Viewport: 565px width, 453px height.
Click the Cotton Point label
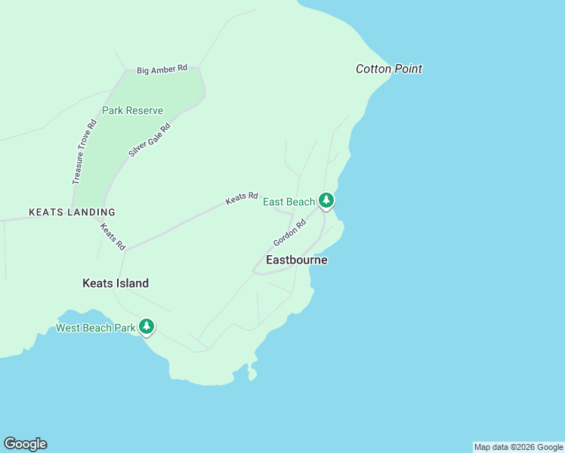point(388,69)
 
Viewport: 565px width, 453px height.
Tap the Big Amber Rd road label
point(162,69)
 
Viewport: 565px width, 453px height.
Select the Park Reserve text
point(133,110)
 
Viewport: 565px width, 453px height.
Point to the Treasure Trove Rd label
point(85,152)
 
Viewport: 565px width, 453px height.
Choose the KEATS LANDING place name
point(72,213)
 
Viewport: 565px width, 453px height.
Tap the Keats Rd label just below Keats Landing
point(113,236)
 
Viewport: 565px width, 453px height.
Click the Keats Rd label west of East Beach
point(242,199)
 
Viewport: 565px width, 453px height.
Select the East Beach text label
point(289,202)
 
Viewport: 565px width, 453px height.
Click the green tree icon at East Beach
point(326,200)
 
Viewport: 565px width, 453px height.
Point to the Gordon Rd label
point(289,233)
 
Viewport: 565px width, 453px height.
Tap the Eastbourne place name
point(297,260)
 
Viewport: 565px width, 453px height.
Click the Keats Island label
point(116,283)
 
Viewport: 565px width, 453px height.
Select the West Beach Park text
point(95,328)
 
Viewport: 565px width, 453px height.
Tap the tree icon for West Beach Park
point(147,326)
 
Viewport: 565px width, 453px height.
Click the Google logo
point(25,444)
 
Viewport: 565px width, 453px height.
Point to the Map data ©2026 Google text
point(518,447)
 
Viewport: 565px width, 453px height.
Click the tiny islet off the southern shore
point(252,373)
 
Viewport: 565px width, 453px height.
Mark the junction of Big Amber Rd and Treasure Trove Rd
point(125,72)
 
